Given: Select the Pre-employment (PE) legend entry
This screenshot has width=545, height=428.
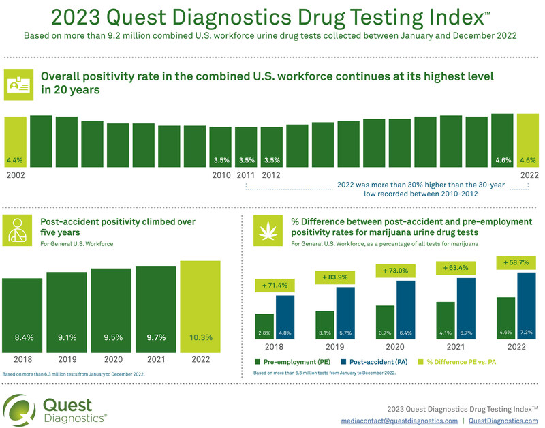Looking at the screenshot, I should (290, 362).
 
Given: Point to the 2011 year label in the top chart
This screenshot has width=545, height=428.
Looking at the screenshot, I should (246, 174).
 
